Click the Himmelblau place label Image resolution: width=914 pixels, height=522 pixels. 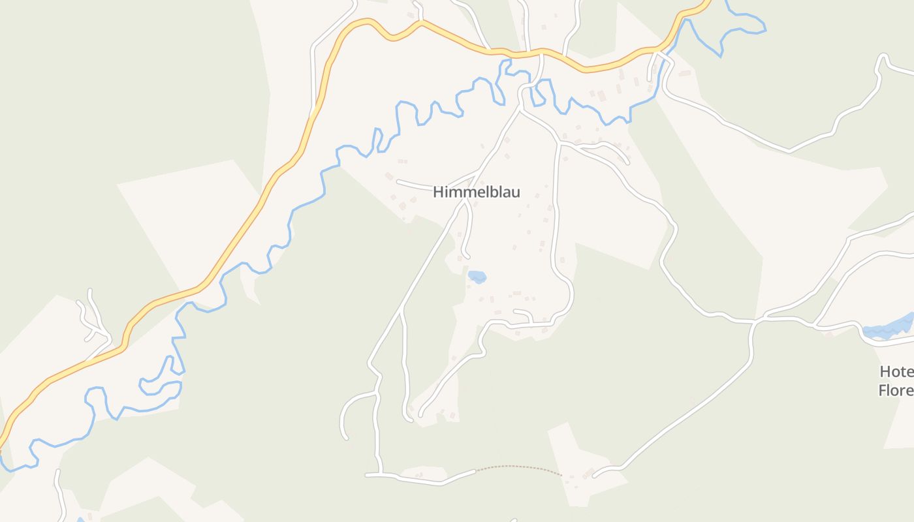pos(477,192)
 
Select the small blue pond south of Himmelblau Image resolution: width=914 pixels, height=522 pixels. pos(477,277)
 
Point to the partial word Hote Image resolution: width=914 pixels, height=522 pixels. pos(896,372)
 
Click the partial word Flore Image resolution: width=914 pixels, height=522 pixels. pos(895,390)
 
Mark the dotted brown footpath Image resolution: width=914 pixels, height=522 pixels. pos(519,467)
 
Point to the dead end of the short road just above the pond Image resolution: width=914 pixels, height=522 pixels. pos(467,257)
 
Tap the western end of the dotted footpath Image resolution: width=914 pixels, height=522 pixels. pos(476,470)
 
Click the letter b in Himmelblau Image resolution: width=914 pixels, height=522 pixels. pos(493,192)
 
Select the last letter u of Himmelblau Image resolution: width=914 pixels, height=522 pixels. pos(516,193)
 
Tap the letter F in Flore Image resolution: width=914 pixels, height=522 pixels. pos(882,390)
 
